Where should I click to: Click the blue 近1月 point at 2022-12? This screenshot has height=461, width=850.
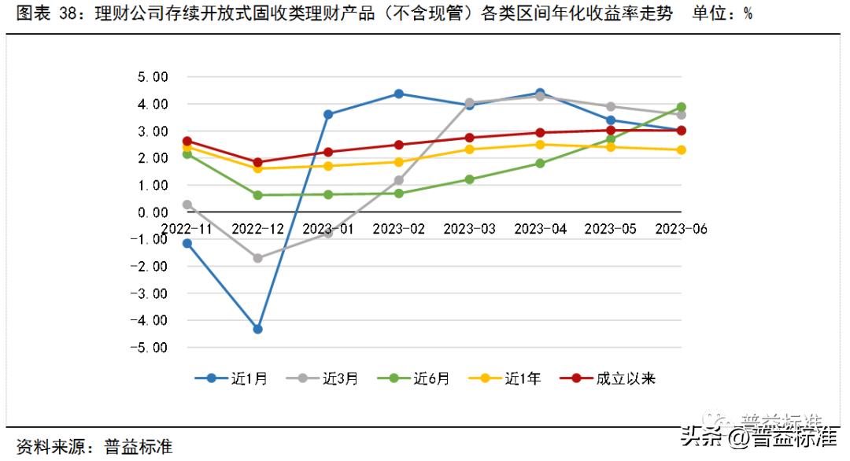257,329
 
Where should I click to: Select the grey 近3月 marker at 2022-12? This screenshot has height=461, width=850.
257,257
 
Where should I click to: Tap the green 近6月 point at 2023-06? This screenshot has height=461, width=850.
681,107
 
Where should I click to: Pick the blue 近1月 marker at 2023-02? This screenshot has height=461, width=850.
399,94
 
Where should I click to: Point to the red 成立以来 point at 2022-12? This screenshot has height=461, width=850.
257,162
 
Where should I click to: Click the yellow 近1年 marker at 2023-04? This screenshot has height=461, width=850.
540,145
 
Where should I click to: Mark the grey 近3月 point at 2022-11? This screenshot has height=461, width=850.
187,205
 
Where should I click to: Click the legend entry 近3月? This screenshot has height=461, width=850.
323,378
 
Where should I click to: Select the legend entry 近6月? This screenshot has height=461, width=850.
414,378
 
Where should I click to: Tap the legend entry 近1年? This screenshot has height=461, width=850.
505,378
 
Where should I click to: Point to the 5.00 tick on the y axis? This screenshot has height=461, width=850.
153,77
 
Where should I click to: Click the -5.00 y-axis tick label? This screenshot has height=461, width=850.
150,347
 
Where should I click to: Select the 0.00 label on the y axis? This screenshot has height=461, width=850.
153,212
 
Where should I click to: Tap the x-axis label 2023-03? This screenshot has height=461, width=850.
469,229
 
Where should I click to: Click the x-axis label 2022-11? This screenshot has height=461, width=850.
187,229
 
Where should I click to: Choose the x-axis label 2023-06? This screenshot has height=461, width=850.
681,229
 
